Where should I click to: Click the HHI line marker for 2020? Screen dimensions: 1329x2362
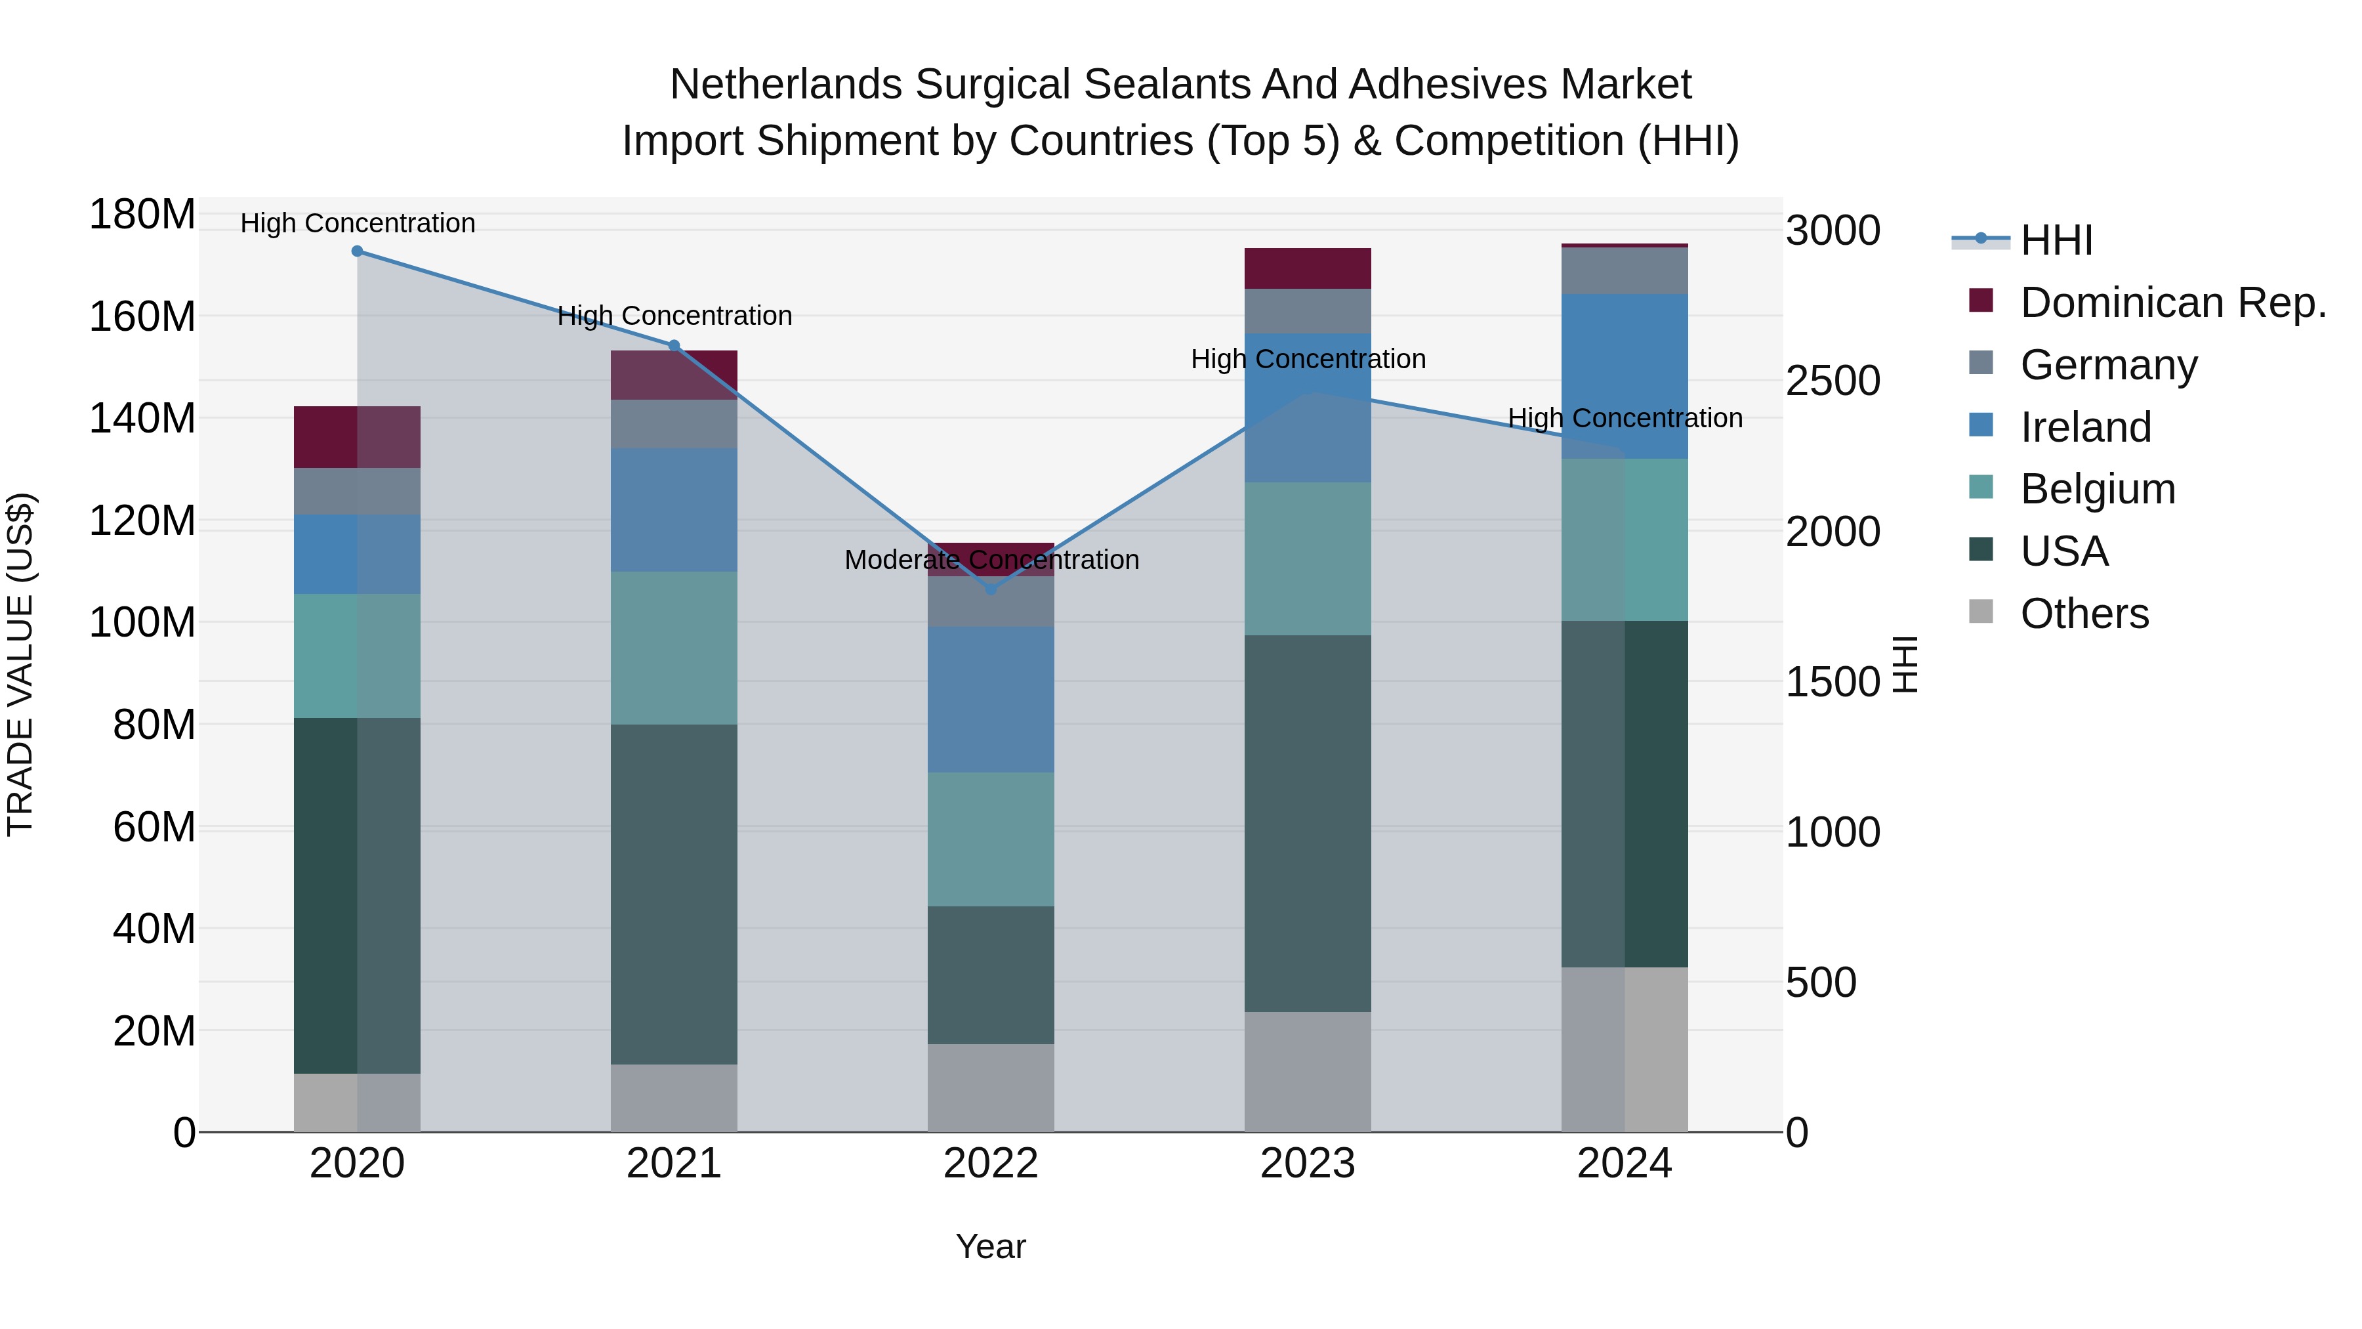click(358, 251)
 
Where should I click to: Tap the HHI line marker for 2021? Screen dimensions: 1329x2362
click(674, 346)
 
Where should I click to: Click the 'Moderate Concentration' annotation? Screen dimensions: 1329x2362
click(991, 559)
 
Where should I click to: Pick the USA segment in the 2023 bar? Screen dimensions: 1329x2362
click(1308, 823)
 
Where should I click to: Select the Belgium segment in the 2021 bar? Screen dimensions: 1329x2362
click(674, 648)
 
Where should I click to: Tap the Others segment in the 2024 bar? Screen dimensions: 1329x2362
click(1624, 1049)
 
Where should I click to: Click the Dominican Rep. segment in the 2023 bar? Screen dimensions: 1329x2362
click(1308, 268)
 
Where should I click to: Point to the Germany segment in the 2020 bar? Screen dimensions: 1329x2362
click(358, 491)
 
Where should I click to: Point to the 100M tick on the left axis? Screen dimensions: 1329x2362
click(142, 623)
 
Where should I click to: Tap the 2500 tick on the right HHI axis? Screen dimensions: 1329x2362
click(1832, 381)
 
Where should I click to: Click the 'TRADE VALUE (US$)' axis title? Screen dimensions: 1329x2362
click(20, 664)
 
